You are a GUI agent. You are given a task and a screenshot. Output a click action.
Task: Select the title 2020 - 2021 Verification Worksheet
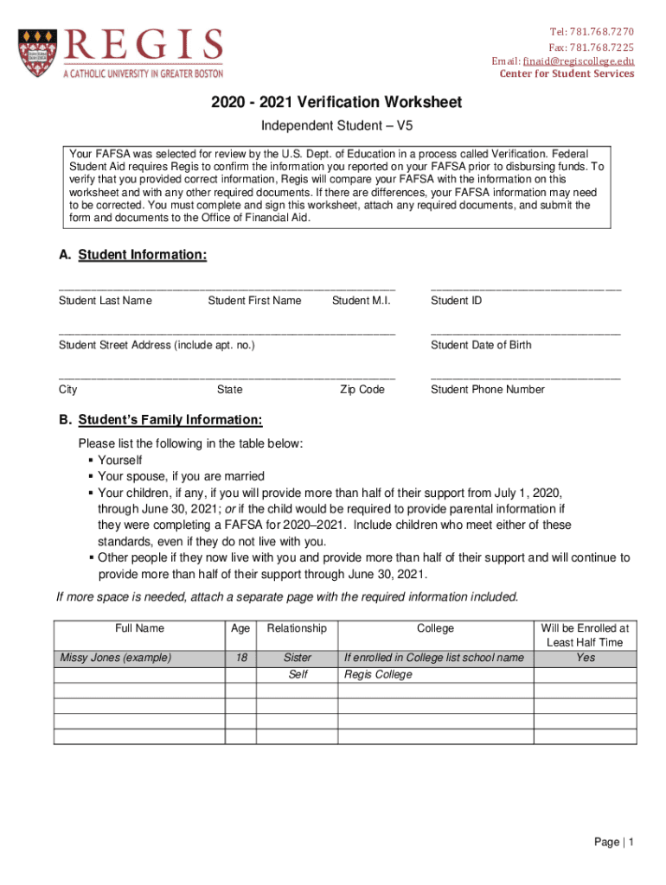(x=336, y=103)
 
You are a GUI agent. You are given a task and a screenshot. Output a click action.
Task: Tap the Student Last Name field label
(x=105, y=301)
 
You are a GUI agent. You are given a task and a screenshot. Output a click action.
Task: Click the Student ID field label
(x=456, y=301)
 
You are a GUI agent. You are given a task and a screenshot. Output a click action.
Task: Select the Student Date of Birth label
(x=481, y=345)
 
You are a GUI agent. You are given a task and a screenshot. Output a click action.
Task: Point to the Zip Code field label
(x=362, y=390)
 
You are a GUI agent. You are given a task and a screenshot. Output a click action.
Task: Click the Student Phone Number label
(x=487, y=390)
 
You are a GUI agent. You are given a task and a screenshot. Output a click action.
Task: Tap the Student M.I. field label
(x=361, y=301)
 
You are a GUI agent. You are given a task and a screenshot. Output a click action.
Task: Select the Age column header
(x=240, y=628)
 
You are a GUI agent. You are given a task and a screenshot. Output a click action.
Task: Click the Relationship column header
(x=297, y=628)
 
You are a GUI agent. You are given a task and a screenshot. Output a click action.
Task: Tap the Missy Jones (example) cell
(x=115, y=658)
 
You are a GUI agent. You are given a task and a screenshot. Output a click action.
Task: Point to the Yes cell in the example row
(x=586, y=658)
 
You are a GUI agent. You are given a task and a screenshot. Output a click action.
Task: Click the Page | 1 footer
(x=614, y=843)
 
